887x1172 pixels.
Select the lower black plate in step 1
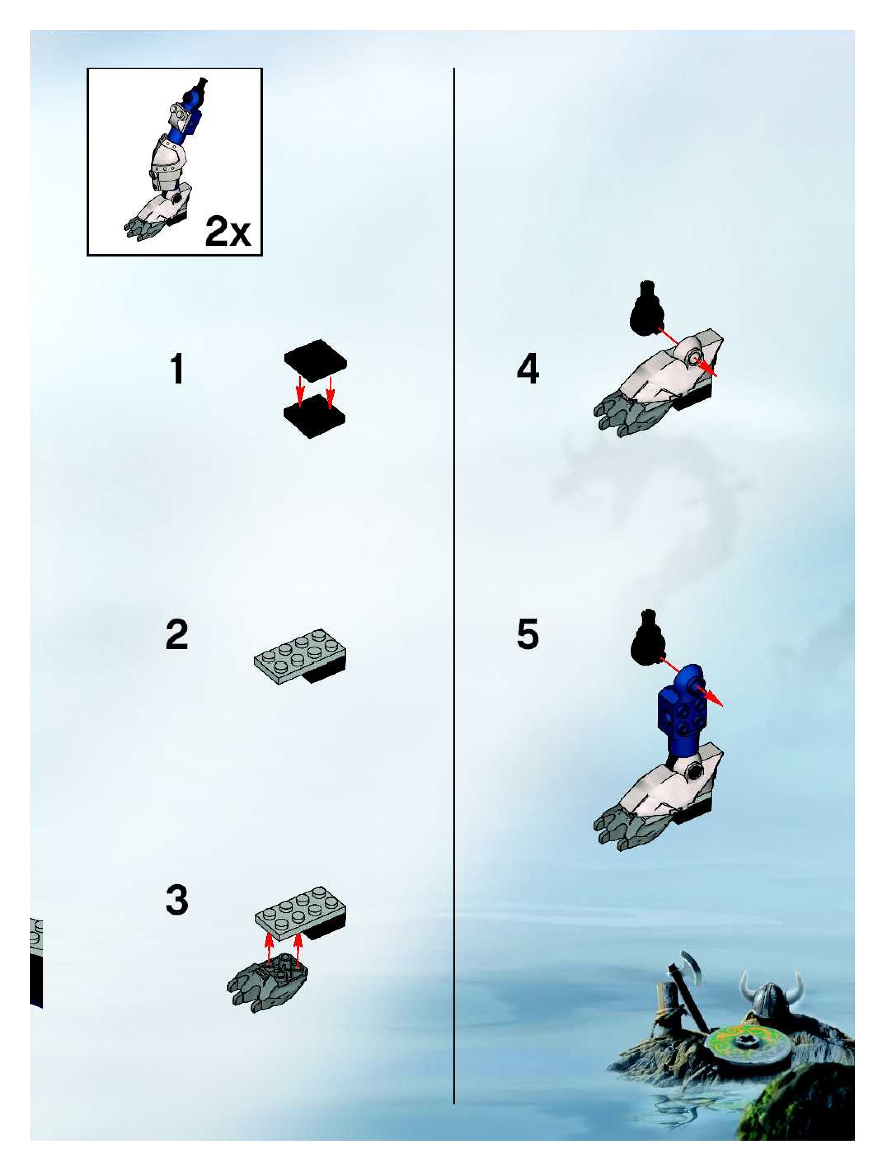click(x=314, y=417)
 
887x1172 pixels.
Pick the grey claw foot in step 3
click(x=268, y=982)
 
